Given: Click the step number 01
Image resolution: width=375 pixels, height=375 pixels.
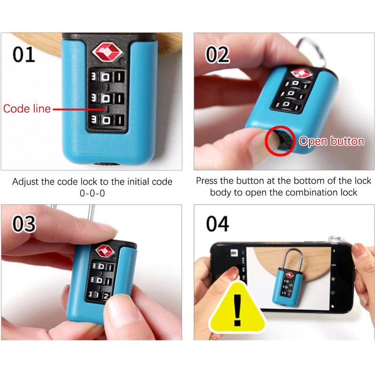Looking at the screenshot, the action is [x=24, y=54].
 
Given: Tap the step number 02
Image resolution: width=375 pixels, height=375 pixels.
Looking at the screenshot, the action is [x=217, y=55].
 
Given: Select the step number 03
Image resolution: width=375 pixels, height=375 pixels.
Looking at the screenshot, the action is [x=24, y=224].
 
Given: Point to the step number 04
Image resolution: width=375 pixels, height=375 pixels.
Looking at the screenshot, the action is [x=217, y=224].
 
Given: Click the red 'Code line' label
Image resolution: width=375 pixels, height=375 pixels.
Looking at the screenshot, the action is [x=27, y=109].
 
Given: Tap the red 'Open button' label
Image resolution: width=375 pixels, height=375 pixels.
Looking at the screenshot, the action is [x=332, y=141].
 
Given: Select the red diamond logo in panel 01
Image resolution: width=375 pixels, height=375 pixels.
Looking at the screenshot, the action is [x=107, y=52].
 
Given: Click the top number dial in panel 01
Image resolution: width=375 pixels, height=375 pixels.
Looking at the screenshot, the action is [x=107, y=77].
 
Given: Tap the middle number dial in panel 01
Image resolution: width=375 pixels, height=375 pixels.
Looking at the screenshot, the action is [x=107, y=98].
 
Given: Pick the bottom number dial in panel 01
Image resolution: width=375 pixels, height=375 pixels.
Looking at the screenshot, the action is [x=107, y=120].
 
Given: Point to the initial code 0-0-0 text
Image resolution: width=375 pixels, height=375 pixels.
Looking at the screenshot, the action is [x=92, y=193].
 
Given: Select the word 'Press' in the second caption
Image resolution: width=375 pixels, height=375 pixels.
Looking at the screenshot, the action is [x=207, y=181].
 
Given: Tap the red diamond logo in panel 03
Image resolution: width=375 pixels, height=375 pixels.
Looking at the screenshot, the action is [x=105, y=251].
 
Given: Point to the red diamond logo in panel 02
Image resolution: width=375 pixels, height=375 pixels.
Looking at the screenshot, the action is [x=302, y=73].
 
